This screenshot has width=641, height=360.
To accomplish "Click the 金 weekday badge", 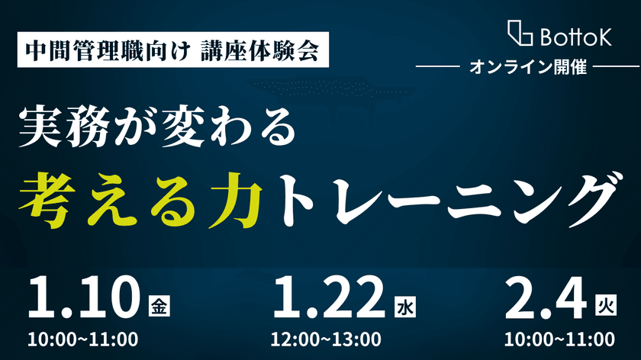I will (157, 307).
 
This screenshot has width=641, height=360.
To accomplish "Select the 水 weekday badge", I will (404, 307).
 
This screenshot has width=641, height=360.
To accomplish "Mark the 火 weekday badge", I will (604, 307).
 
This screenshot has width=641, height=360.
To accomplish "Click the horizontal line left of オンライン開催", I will (442, 67).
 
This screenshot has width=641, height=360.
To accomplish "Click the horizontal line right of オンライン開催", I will (614, 67).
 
